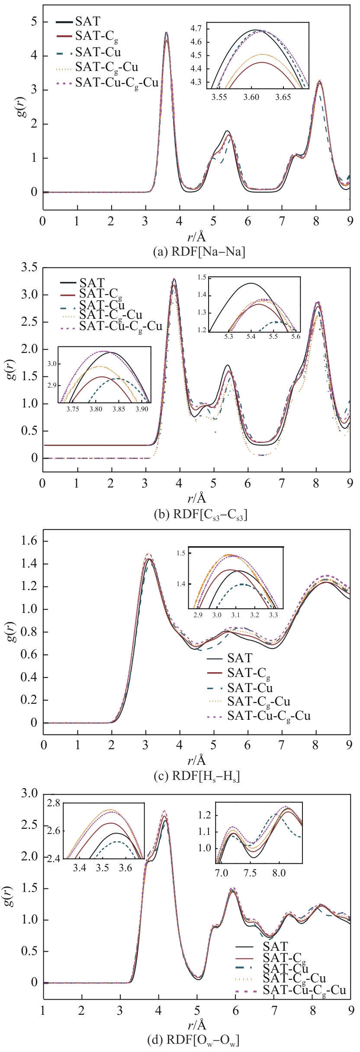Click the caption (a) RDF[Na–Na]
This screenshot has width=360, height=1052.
(x=199, y=252)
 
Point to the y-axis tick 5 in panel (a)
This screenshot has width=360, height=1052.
(x=34, y=22)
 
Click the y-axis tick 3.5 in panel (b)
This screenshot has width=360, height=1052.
(x=29, y=267)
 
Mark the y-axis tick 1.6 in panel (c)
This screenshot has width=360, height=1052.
(x=29, y=541)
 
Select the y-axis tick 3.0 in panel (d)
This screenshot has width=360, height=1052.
(x=30, y=792)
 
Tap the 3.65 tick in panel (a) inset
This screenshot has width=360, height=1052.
(x=283, y=97)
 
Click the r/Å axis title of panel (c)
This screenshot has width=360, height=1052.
(x=197, y=760)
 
